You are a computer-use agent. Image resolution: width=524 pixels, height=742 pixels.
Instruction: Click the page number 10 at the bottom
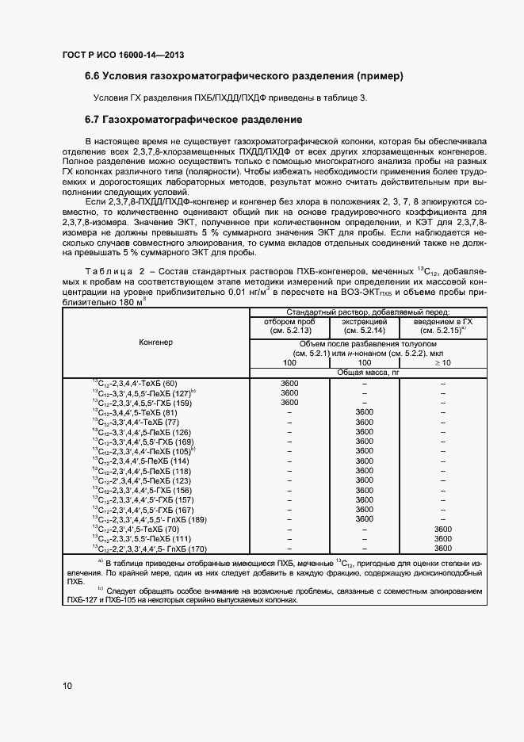click(x=67, y=685)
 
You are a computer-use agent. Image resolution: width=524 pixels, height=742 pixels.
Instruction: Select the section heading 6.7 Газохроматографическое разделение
click(x=193, y=120)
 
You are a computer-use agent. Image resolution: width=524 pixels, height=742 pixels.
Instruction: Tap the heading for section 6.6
click(x=244, y=76)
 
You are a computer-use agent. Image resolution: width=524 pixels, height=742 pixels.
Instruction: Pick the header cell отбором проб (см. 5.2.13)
click(x=289, y=326)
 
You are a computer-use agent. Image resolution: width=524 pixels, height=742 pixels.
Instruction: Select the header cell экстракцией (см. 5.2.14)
click(x=364, y=326)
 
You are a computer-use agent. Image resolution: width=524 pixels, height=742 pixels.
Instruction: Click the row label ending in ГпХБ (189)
click(x=148, y=519)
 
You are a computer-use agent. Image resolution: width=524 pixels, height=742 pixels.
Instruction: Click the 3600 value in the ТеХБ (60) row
click(x=289, y=384)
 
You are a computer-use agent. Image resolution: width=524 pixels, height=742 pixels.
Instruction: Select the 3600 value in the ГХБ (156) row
click(x=364, y=491)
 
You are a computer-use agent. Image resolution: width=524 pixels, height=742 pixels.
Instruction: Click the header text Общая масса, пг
click(x=364, y=372)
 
